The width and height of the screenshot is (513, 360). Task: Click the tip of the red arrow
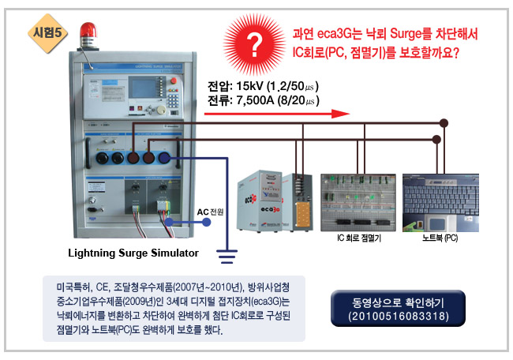346,113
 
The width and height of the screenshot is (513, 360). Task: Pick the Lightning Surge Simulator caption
133,253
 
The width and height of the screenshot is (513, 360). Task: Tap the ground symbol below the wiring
227,254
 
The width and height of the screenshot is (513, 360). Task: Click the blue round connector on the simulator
163,157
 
